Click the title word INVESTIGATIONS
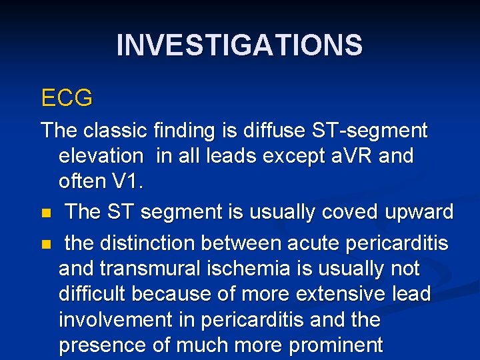239,45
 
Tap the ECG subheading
67,98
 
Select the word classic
108,130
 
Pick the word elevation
101,156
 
